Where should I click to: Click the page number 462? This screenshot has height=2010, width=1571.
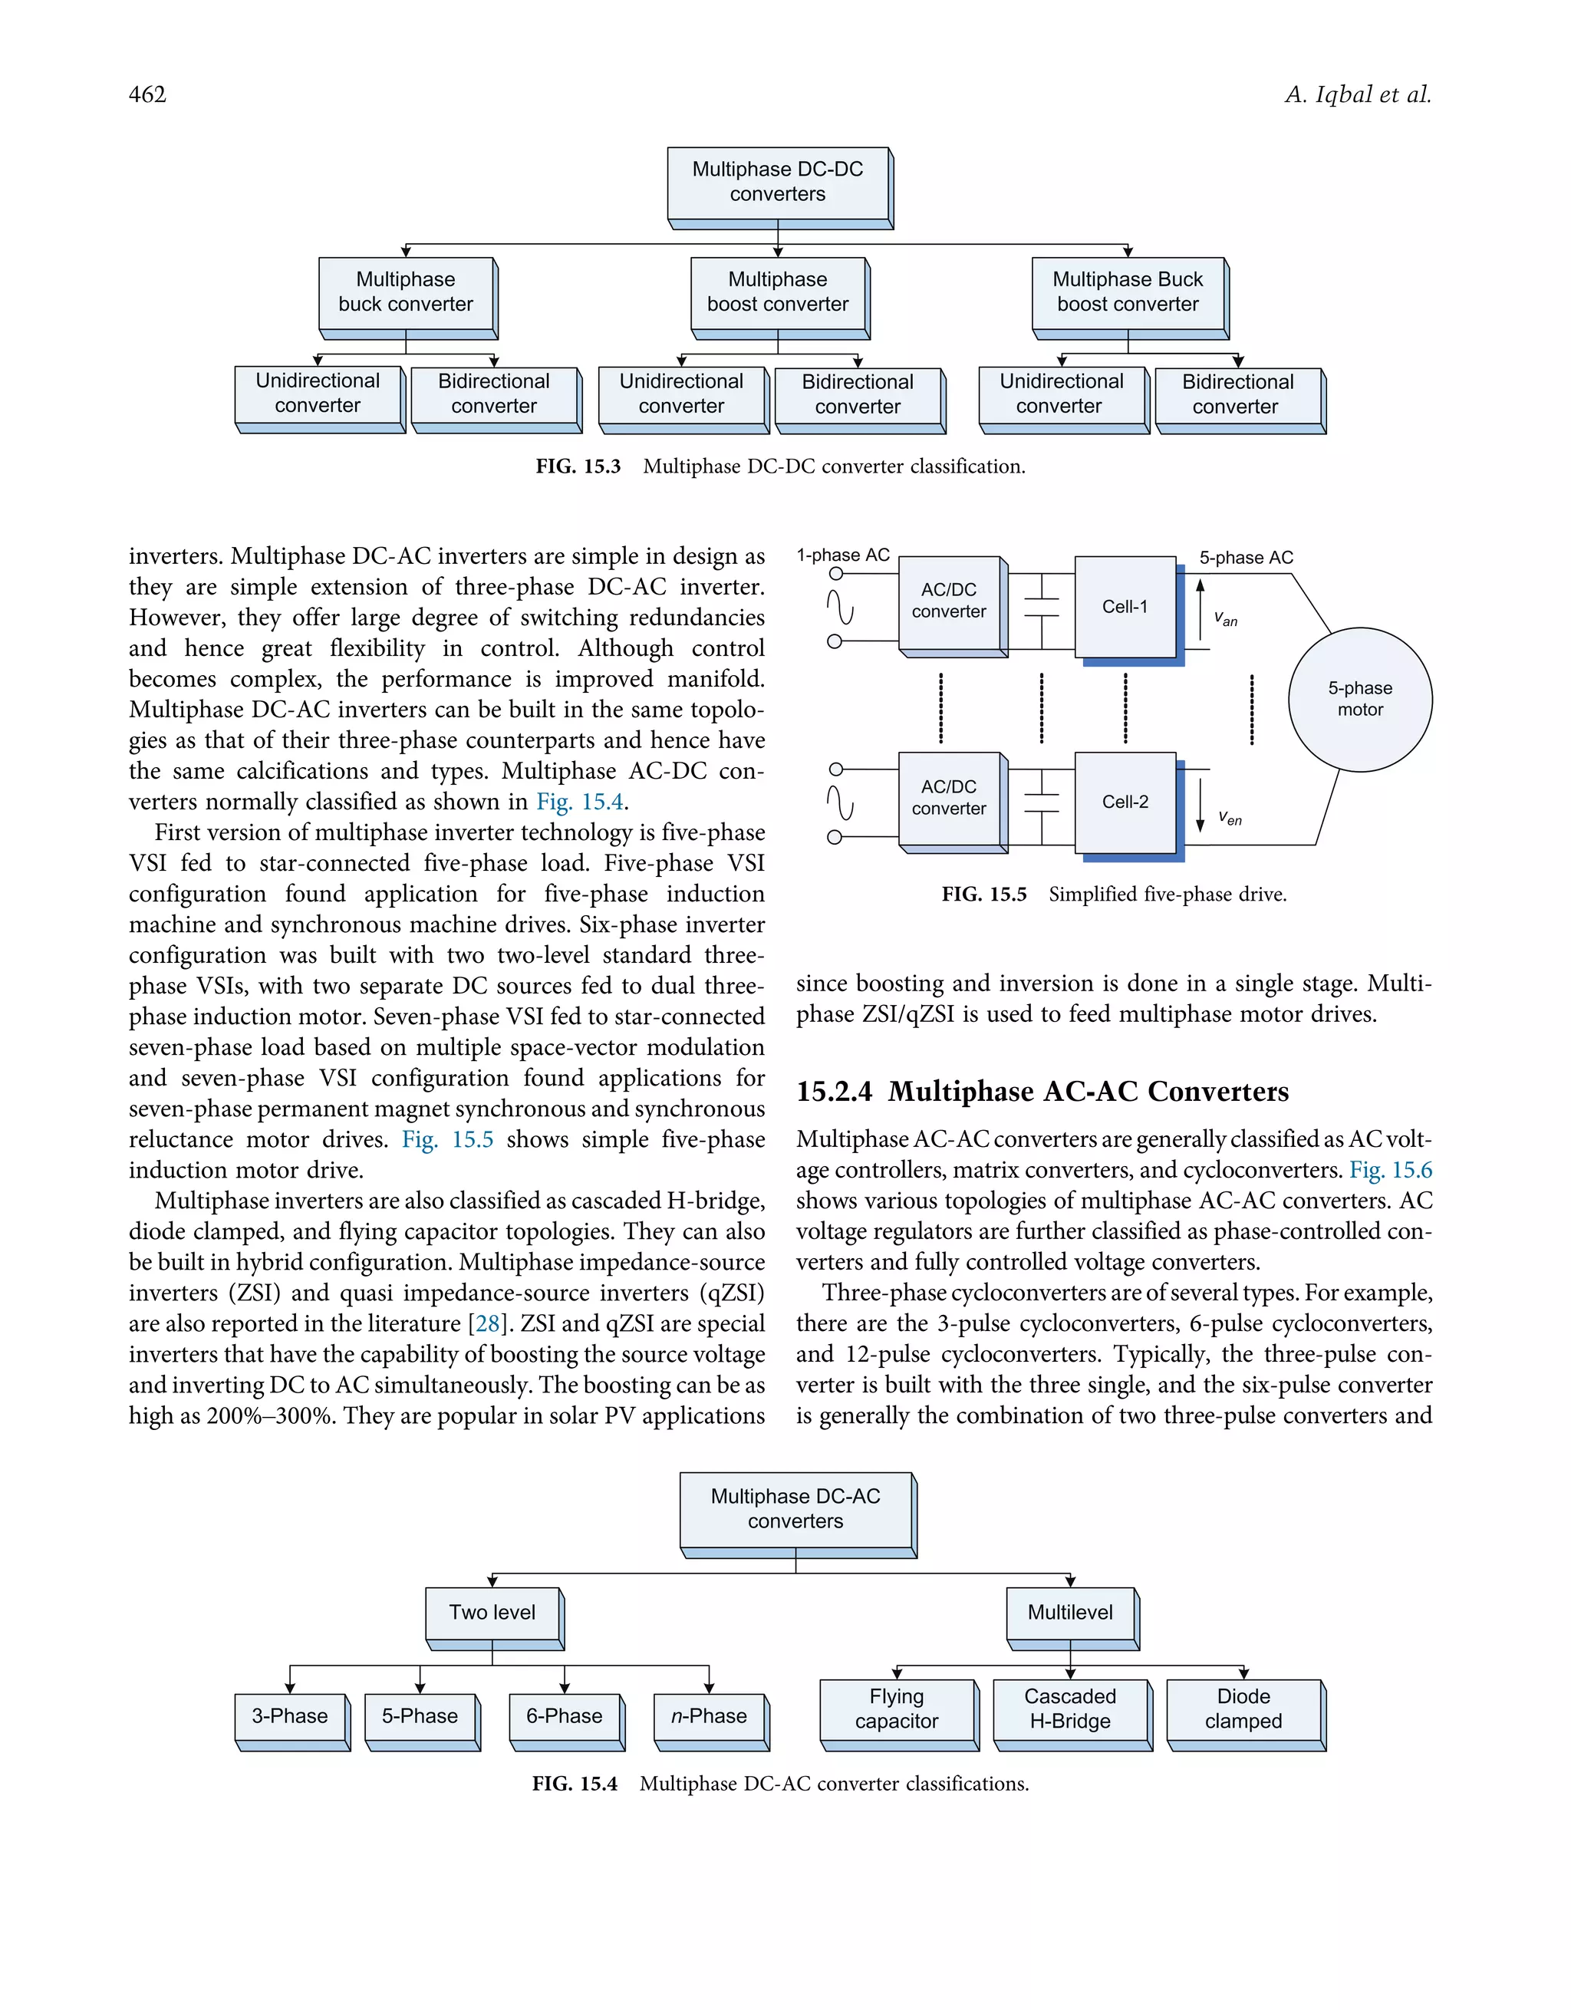point(147,95)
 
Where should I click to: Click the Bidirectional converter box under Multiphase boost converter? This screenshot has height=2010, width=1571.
point(857,395)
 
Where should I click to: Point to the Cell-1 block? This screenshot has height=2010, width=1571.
point(1125,607)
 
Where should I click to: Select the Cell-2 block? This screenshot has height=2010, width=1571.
point(1125,802)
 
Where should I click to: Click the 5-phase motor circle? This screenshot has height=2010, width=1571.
point(1359,700)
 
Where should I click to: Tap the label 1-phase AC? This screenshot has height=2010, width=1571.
point(842,555)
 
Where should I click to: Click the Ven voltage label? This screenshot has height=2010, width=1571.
point(1230,817)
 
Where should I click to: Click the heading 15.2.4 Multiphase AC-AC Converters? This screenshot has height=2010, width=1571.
point(1042,1092)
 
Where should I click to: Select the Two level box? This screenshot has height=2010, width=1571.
point(492,1613)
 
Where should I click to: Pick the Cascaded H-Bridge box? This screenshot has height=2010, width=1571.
point(1069,1709)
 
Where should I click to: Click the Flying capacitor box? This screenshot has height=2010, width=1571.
point(897,1709)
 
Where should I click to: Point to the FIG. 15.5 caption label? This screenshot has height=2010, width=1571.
point(983,895)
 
